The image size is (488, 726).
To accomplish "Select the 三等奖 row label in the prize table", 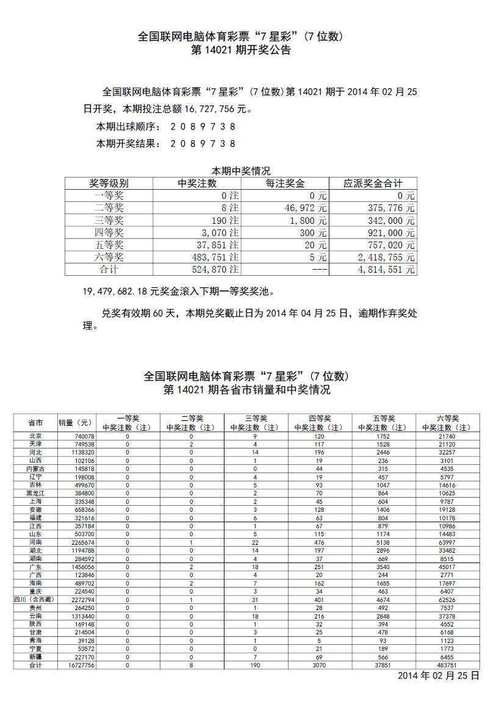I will [109, 220].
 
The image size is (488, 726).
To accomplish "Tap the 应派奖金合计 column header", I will [372, 183].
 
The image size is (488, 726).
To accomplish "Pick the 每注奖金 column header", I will [285, 183].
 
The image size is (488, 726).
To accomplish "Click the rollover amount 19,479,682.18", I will [116, 291].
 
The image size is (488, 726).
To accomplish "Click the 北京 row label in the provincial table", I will [35, 436].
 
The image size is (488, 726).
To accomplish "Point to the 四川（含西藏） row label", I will [35, 598].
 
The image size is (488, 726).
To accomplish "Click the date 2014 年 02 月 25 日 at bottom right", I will [439, 676].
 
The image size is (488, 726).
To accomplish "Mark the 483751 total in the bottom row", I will [447, 665].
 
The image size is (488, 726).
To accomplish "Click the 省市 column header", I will [35, 423].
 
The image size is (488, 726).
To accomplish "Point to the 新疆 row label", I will [35, 657].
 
